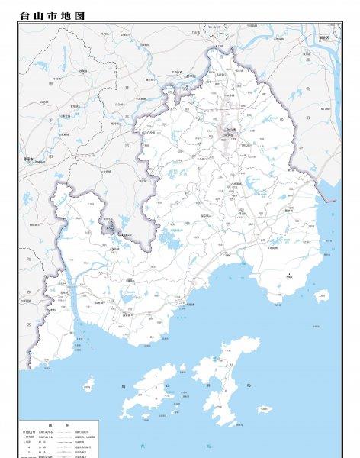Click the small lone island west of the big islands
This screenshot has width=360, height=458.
88,382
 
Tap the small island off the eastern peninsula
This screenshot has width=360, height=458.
322,294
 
